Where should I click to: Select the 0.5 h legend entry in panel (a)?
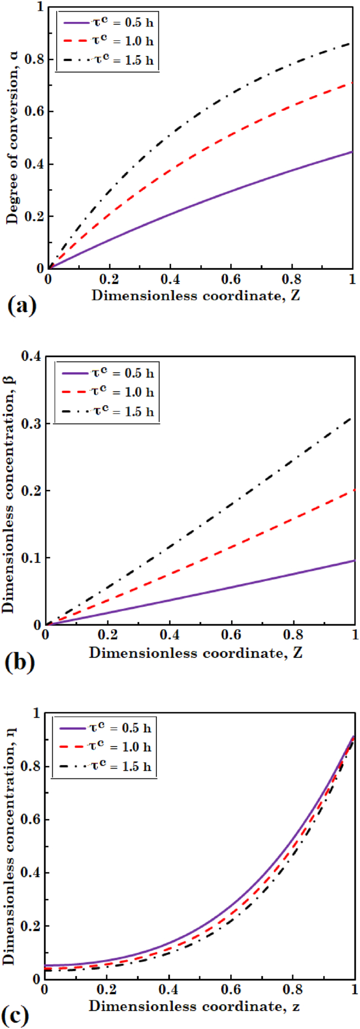pyautogui.click(x=108, y=23)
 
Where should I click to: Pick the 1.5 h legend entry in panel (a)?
pyautogui.click(x=108, y=60)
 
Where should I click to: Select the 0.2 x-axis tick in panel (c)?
pyautogui.click(x=106, y=989)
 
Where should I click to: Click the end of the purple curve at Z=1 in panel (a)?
pyautogui.click(x=352, y=151)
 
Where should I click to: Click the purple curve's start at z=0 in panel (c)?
pyautogui.click(x=45, y=965)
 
